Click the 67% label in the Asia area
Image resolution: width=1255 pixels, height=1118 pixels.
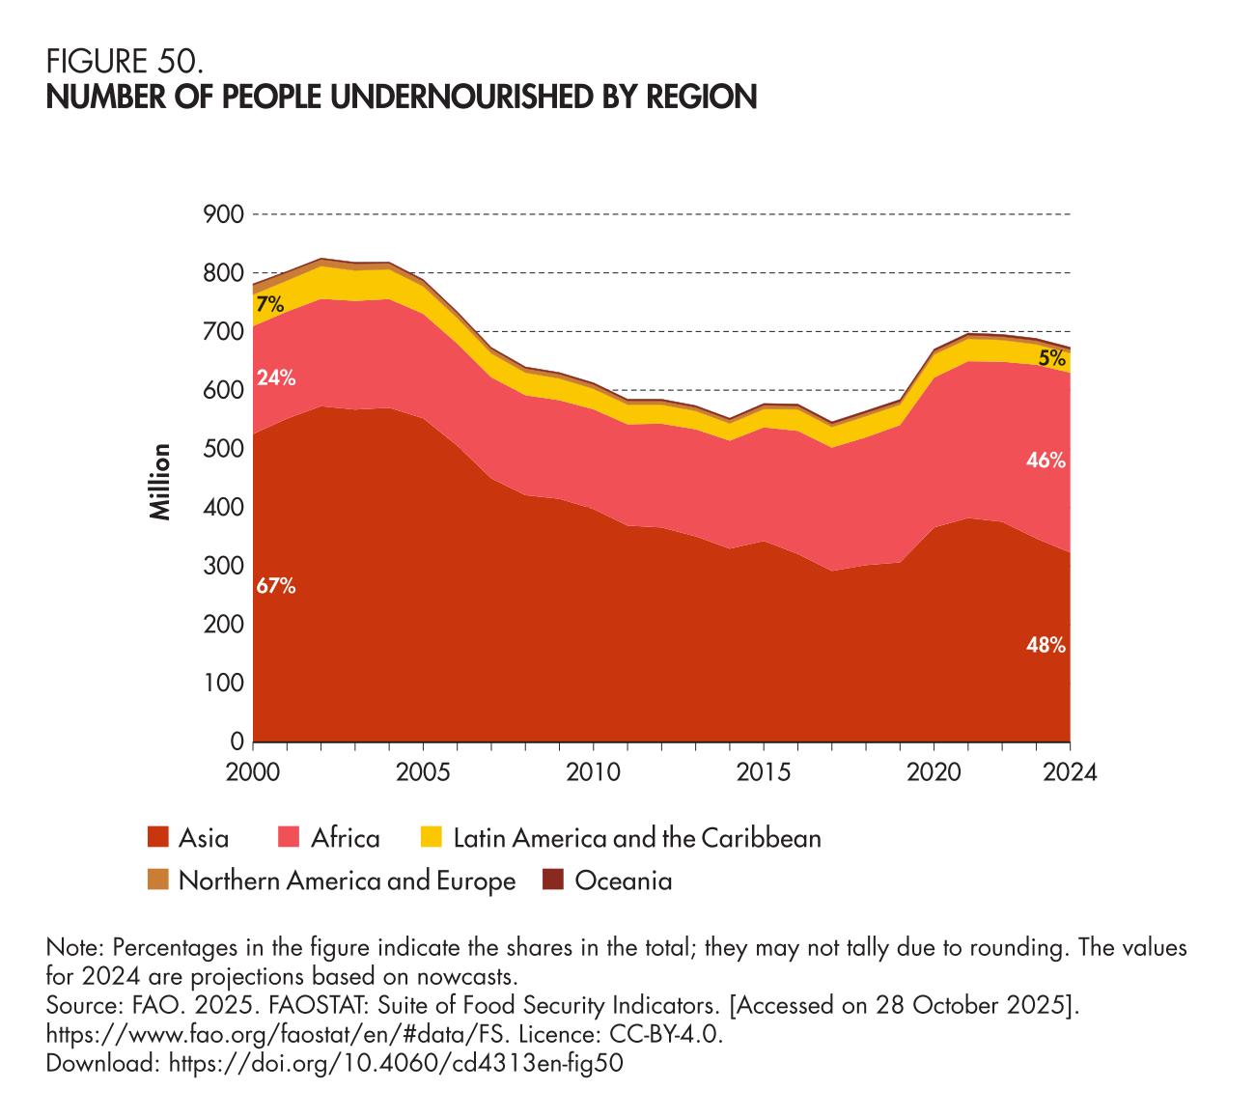click(x=276, y=585)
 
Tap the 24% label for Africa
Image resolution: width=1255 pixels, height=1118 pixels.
click(x=276, y=377)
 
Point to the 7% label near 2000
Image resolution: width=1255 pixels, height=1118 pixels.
click(x=269, y=305)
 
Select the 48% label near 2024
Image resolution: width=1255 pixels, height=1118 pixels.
click(x=1046, y=646)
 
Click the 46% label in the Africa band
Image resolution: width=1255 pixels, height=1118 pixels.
click(x=1046, y=461)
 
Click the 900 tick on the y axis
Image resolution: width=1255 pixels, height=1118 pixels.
click(x=223, y=214)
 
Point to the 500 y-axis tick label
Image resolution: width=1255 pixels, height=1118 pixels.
click(x=223, y=449)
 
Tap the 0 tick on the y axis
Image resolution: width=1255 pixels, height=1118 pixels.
click(x=236, y=742)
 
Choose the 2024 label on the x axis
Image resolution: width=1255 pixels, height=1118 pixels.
click(x=1070, y=773)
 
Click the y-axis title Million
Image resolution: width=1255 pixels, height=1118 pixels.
click(x=161, y=482)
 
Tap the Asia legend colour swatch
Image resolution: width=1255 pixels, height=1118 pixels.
click(x=157, y=837)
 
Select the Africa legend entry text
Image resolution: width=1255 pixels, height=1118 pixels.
click(x=345, y=837)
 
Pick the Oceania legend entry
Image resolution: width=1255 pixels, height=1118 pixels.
click(x=623, y=880)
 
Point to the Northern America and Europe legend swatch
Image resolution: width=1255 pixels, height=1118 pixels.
click(x=157, y=880)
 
